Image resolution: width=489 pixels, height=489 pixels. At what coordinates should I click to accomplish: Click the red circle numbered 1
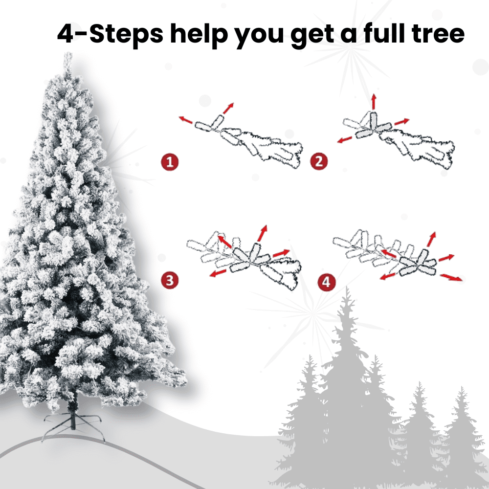[170, 162]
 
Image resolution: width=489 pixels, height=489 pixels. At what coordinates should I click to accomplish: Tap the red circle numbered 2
[319, 161]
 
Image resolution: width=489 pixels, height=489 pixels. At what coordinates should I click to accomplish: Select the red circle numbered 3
[170, 280]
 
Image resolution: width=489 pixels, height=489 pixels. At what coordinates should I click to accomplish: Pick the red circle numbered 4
[326, 282]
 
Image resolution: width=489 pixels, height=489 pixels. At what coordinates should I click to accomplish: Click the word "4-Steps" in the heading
[110, 34]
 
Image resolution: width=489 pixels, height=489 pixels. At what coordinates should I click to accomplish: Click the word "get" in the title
[312, 36]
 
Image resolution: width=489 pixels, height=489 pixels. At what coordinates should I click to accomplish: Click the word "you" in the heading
[259, 37]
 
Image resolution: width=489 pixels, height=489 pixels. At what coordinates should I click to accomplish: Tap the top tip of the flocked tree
[67, 54]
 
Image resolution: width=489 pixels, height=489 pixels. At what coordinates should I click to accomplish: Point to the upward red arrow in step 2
[374, 101]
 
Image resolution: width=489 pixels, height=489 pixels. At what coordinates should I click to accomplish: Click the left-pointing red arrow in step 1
[185, 120]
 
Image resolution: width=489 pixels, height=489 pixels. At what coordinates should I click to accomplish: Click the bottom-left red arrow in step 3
[218, 273]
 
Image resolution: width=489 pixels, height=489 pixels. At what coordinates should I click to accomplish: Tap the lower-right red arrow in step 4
[451, 277]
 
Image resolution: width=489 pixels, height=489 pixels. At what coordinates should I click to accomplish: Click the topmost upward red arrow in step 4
[431, 240]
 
